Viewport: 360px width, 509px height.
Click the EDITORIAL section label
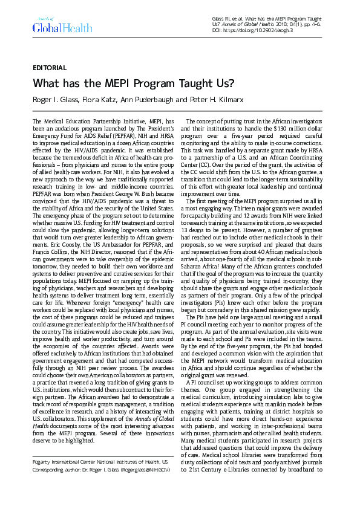(50, 68)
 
